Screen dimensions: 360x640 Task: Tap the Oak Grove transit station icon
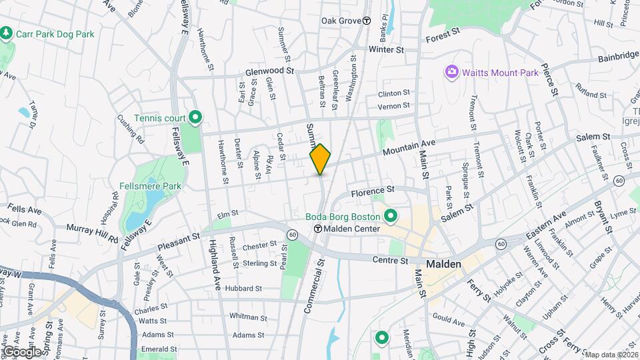(x=367, y=21)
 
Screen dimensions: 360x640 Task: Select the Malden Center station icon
(x=319, y=229)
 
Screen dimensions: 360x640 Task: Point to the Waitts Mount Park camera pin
(x=451, y=71)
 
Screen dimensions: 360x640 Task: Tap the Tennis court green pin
(x=195, y=118)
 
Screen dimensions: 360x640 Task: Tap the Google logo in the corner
(x=21, y=351)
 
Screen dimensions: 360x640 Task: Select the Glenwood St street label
(x=269, y=70)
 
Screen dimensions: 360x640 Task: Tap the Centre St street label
(x=390, y=260)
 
